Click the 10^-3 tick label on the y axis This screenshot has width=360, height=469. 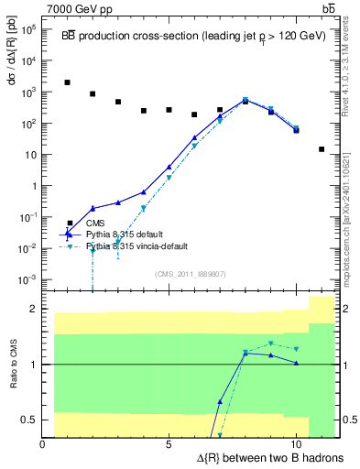pos(27,279)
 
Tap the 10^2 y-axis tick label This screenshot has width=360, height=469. pos(27,124)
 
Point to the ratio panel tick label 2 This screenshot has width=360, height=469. pos(32,309)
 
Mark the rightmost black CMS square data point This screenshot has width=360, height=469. pos(322,149)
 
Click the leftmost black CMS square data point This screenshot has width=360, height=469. pos(68,82)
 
